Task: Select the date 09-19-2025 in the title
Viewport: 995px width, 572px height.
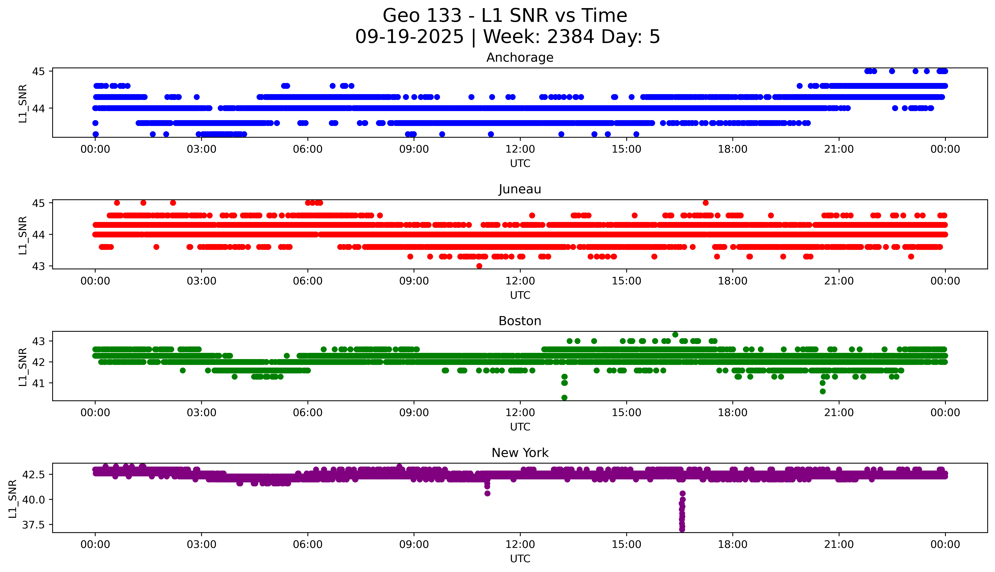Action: point(409,37)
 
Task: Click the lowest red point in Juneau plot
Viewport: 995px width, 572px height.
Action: point(479,266)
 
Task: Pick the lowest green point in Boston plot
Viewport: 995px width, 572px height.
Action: point(564,398)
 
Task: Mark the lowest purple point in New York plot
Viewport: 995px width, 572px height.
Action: point(682,529)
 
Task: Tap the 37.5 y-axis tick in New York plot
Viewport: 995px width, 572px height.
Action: point(34,525)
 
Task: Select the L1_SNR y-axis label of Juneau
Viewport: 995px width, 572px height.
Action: point(23,235)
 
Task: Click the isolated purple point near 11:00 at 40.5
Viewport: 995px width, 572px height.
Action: point(487,493)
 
